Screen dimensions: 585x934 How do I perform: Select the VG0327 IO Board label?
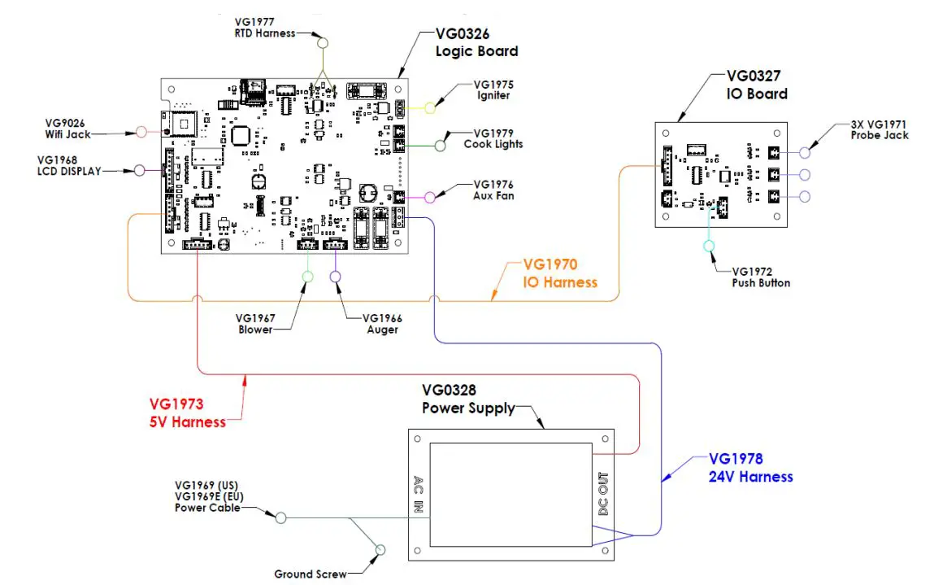pos(756,85)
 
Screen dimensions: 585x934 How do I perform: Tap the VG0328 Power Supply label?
pos(468,399)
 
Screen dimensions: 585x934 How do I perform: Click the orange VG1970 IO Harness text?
pos(560,273)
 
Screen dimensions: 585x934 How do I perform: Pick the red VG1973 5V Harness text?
pos(187,413)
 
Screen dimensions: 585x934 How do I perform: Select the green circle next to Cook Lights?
pos(440,146)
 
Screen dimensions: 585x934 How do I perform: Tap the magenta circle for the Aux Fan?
pos(431,196)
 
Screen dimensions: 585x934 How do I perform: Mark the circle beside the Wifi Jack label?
pos(141,131)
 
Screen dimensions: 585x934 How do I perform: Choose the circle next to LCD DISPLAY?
pos(139,171)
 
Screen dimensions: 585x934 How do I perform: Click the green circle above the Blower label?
pos(307,277)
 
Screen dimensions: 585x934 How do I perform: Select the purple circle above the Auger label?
pos(335,277)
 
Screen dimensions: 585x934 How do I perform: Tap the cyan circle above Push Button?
pos(709,246)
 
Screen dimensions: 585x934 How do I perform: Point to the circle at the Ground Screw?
pos(378,552)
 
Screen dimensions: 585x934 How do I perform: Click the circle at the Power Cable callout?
pos(280,517)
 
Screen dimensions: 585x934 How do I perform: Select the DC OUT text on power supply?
pos(602,495)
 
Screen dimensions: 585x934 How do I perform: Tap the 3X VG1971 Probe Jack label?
pos(879,129)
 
